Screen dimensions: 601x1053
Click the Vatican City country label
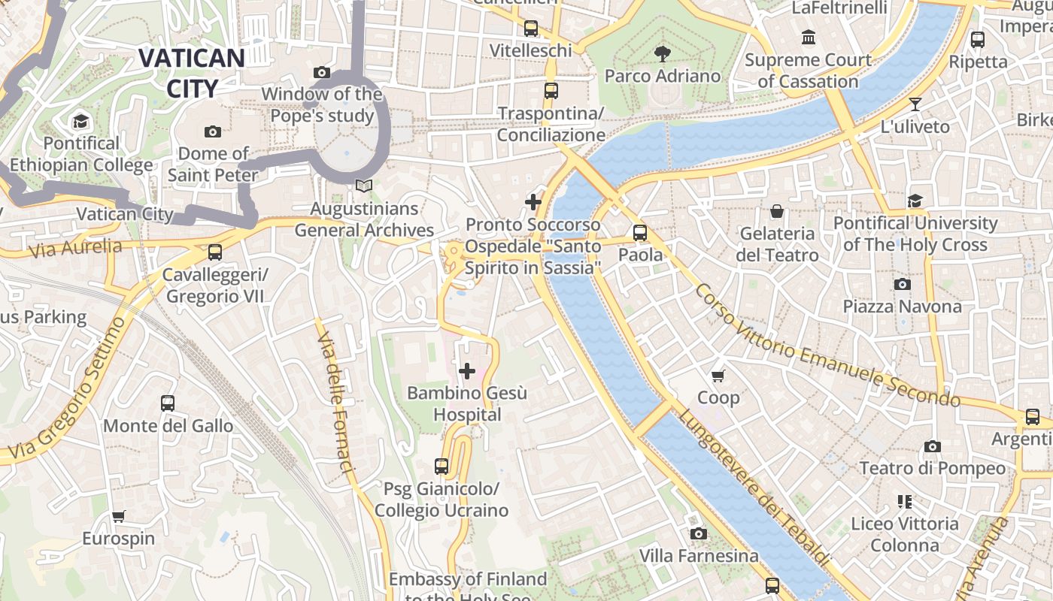[191, 73]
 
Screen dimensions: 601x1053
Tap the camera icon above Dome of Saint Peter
[213, 131]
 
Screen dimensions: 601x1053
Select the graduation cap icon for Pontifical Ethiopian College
[80, 121]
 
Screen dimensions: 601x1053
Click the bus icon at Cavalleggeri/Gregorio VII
[215, 252]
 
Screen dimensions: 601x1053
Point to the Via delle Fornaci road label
[334, 402]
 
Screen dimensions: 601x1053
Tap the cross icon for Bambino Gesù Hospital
[467, 370]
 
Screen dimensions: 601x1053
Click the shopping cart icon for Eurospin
[118, 516]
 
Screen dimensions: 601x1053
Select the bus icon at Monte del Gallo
[168, 403]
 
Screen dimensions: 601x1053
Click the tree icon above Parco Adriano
[663, 53]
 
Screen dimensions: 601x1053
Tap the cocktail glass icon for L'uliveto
[915, 104]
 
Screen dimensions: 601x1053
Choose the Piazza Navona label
[902, 307]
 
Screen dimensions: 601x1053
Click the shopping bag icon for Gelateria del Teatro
[777, 211]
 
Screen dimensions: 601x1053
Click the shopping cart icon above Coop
[718, 375]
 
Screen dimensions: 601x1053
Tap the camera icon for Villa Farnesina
[699, 533]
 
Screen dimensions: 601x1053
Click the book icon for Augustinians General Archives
[364, 186]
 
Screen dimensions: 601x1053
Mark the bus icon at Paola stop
[640, 233]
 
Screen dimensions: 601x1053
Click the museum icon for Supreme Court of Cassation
[809, 37]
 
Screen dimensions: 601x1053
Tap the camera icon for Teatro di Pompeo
[932, 446]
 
